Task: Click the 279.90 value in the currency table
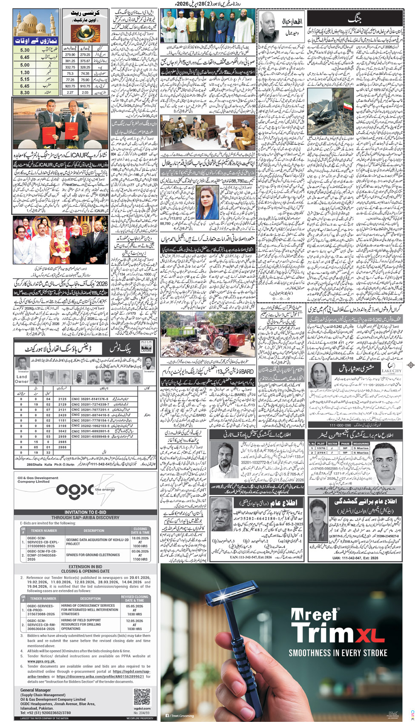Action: (70, 54)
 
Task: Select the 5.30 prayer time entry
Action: (25, 50)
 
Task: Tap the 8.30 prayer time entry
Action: (25, 92)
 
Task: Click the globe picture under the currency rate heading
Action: (85, 34)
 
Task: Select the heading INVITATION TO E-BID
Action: (85, 512)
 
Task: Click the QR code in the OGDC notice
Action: (142, 697)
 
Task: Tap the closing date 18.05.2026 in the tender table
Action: (140, 538)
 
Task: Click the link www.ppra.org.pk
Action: (41, 661)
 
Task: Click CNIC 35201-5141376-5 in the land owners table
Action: (90, 399)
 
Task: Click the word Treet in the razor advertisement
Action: (315, 615)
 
